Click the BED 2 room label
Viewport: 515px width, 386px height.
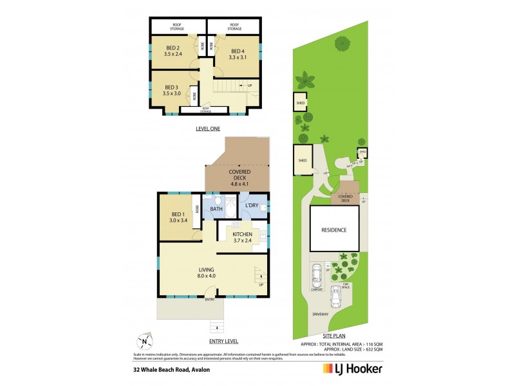173,51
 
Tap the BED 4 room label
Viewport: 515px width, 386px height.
238,55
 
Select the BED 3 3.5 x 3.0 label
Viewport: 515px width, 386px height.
171,91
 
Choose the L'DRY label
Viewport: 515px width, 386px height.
252,206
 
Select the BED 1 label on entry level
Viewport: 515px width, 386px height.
178,217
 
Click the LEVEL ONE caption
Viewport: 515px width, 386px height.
208,129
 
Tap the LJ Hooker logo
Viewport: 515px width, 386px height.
352,369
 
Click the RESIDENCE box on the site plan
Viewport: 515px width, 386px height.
334,230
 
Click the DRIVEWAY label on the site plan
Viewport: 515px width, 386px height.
320,315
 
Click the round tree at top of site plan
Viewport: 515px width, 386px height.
341,43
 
